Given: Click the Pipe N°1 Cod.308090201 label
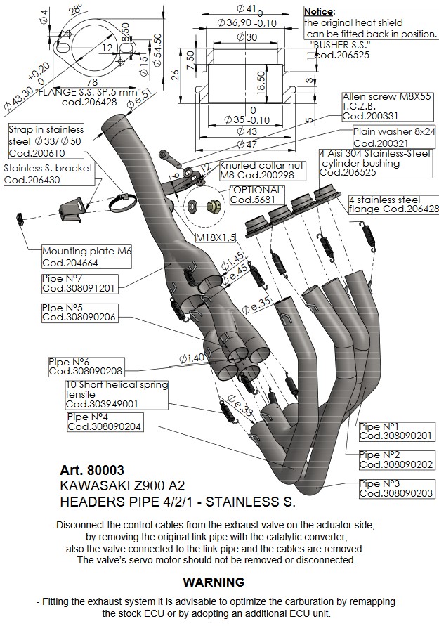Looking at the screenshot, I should pyautogui.click(x=395, y=431).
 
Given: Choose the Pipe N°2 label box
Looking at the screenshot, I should pyautogui.click(x=396, y=459).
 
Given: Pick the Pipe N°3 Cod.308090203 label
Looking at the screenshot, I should pyautogui.click(x=396, y=488).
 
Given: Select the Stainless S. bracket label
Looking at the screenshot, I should pyautogui.click(x=48, y=174).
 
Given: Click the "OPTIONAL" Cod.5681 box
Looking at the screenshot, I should pyautogui.click(x=257, y=195).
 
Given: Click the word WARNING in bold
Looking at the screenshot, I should pyautogui.click(x=214, y=582).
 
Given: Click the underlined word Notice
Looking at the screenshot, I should pyautogui.click(x=319, y=11).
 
